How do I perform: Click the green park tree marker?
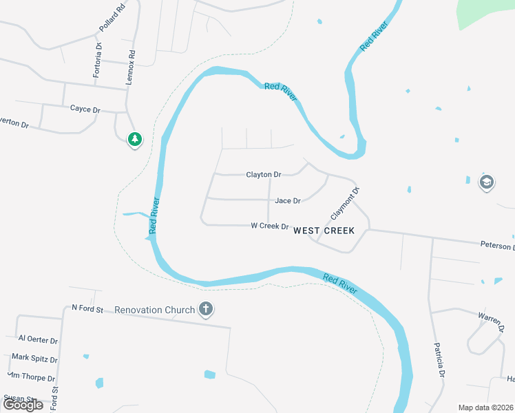[135, 140]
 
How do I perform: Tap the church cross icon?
[205, 310]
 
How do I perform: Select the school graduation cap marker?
[487, 182]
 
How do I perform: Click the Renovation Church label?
[155, 310]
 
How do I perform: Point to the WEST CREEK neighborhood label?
[324, 231]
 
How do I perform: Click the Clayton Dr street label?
[263, 175]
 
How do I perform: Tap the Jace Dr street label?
[288, 201]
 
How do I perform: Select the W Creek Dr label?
[269, 226]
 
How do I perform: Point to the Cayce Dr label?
[85, 109]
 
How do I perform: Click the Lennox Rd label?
[130, 67]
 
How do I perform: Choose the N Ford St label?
[87, 309]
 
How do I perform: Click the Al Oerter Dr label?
[38, 339]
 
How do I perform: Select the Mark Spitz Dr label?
[34, 359]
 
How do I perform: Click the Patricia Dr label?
[439, 361]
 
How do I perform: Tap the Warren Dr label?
[490, 320]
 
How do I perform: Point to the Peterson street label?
[496, 246]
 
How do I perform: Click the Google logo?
[22, 405]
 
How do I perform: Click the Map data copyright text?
[485, 407]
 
